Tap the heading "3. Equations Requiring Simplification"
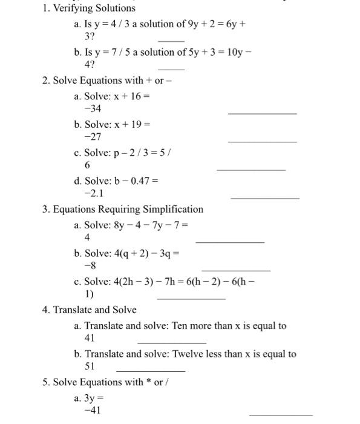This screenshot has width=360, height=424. click(123, 210)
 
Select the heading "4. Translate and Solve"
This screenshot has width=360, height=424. click(90, 310)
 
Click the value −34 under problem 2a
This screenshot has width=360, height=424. click(93, 108)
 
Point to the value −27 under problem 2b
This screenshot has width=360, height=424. click(93, 137)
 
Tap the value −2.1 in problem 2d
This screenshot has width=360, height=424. click(95, 194)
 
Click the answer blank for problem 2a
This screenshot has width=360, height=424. click(262, 113)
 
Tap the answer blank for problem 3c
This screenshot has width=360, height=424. click(191, 299)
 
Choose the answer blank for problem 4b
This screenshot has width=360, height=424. click(150, 371)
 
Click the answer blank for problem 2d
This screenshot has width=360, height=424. click(264, 198)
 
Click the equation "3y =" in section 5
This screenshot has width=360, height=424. click(96, 398)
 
